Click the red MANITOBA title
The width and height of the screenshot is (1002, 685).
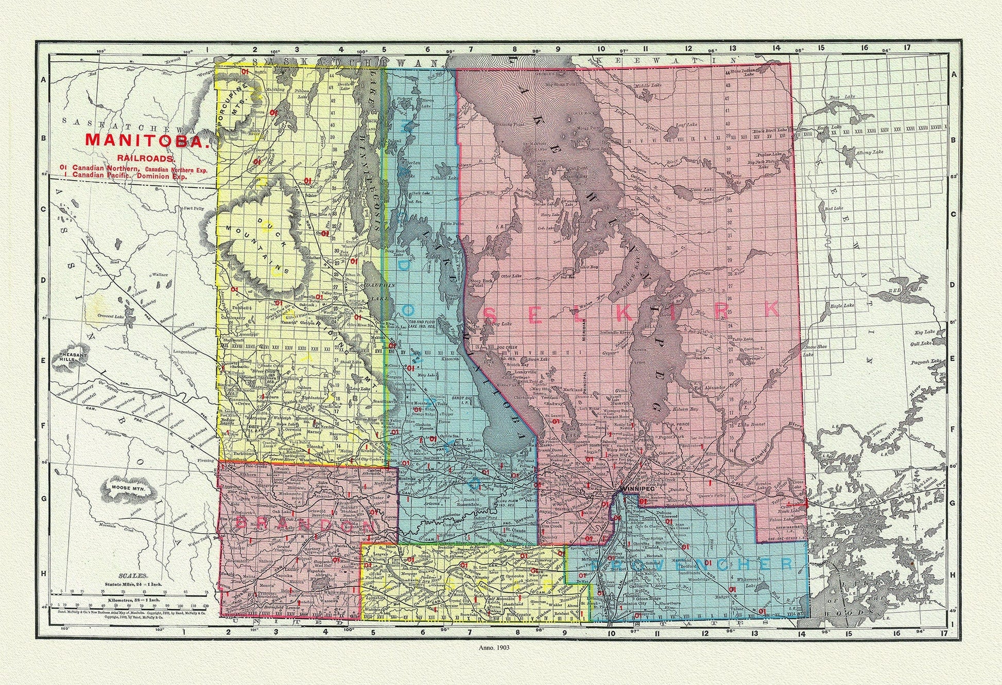pos(147,140)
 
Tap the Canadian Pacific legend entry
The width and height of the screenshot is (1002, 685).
pos(103,175)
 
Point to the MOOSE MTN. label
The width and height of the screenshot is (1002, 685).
pos(125,486)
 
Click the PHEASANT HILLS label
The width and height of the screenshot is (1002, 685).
pos(75,358)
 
